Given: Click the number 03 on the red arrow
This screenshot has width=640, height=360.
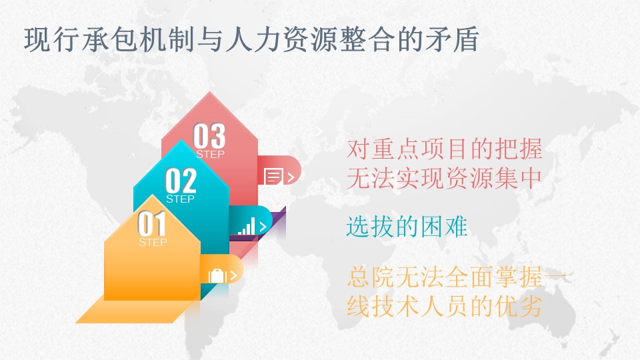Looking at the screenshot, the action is [x=209, y=136].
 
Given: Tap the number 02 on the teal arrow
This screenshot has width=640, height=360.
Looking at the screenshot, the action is [x=181, y=181].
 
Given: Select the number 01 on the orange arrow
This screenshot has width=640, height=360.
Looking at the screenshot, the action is [x=152, y=224].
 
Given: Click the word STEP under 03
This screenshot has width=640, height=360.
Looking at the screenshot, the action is [x=210, y=154].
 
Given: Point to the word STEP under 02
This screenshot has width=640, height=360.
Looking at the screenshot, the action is [x=181, y=199].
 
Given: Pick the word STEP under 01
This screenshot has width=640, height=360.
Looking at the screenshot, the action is [x=153, y=242].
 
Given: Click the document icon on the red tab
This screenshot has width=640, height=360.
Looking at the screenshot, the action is [x=273, y=177].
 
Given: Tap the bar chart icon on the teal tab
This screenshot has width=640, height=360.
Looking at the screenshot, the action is [x=247, y=226].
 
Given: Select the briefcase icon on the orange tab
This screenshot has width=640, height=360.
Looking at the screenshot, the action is [x=217, y=275].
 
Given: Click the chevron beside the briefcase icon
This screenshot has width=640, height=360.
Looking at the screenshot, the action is [x=234, y=275].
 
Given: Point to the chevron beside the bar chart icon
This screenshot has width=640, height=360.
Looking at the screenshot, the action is [x=263, y=227].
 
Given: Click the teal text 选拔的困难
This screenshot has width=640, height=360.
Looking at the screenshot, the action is [x=407, y=227].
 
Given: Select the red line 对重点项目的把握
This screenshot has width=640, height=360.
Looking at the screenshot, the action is [x=445, y=149].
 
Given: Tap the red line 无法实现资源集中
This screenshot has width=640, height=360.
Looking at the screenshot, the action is [x=445, y=178].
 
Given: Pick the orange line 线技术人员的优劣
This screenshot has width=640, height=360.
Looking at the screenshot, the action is [x=445, y=306].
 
